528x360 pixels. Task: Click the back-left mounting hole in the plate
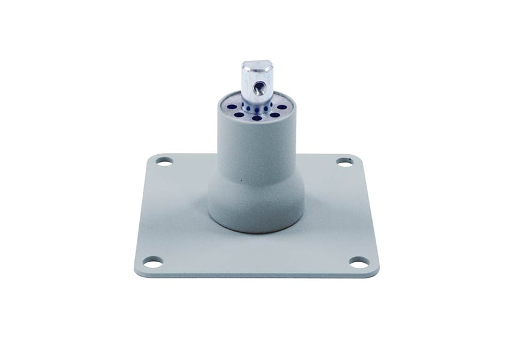tap(164, 161)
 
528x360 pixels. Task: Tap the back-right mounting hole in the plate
tap(344, 161)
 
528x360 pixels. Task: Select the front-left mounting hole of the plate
tap(153, 262)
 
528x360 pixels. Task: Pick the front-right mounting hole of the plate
tap(359, 262)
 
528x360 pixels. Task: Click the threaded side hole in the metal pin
tap(258, 89)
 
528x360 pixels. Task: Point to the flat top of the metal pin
tap(258, 64)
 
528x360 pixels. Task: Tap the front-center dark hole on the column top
tap(257, 118)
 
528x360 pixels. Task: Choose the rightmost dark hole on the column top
tap(282, 107)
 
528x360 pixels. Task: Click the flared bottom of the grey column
tap(256, 207)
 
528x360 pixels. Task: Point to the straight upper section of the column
tap(256, 144)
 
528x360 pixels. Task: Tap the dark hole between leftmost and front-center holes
tap(239, 115)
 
